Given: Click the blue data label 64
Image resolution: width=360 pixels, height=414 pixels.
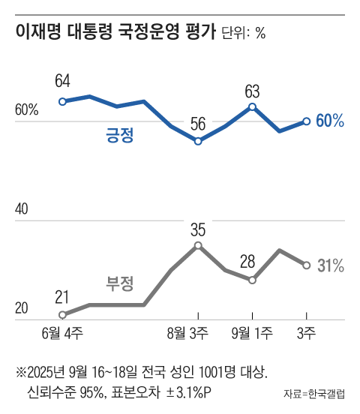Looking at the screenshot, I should (x=62, y=81).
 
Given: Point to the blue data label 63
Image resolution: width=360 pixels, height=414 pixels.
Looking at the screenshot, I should (x=252, y=91).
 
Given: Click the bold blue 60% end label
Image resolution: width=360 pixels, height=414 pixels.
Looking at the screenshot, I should (x=330, y=121).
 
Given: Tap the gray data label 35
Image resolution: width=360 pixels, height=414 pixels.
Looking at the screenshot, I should (x=198, y=228).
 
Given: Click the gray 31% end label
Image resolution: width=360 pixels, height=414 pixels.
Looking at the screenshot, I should (x=330, y=265).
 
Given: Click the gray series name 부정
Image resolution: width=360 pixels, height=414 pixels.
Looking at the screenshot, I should (x=119, y=283).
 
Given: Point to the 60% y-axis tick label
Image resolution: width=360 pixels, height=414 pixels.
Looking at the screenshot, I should (x=26, y=111).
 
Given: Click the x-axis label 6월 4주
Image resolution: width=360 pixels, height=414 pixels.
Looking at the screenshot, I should (x=64, y=333).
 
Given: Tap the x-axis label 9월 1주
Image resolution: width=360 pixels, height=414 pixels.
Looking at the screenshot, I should (x=253, y=333).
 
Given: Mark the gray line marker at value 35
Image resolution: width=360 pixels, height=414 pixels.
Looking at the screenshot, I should (x=198, y=245).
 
